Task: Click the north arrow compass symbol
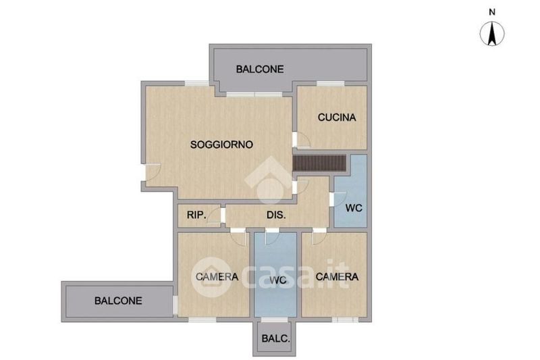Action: click(492, 33)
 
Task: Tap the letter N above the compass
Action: click(492, 12)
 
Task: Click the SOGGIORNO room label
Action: click(221, 145)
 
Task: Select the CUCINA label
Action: click(337, 118)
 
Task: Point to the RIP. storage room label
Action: click(196, 215)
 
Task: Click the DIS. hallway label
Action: click(276, 215)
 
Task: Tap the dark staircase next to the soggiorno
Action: click(319, 163)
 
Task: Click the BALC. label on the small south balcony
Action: click(275, 338)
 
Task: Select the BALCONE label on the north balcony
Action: click(260, 70)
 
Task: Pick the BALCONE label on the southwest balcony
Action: click(118, 301)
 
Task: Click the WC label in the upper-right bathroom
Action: click(354, 208)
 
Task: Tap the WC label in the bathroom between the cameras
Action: click(278, 280)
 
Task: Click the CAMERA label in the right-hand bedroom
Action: click(337, 277)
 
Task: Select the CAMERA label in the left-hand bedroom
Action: click(217, 277)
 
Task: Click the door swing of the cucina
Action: click(303, 140)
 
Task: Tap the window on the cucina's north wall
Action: click(331, 83)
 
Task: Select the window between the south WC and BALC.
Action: click(275, 319)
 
